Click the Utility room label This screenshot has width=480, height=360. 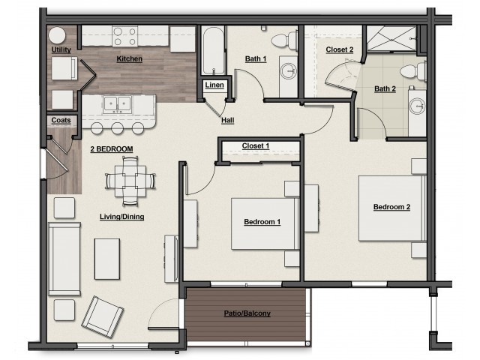[61, 49]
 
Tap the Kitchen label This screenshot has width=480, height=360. [130, 58]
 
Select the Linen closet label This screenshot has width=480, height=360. [214, 85]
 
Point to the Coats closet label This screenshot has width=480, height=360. [61, 120]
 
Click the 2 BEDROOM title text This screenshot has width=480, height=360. [112, 149]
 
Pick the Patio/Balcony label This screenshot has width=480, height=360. [247, 313]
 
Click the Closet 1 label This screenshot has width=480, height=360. [256, 146]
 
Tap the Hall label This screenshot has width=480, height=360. [228, 121]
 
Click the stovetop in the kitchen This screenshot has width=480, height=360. [125, 37]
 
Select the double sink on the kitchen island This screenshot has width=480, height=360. [118, 103]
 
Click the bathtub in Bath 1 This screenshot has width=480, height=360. [214, 50]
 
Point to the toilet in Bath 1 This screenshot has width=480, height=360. [284, 40]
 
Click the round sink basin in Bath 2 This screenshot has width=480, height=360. [418, 106]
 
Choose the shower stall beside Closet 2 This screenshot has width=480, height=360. [391, 38]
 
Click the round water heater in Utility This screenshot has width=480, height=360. [57, 35]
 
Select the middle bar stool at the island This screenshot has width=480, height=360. [118, 128]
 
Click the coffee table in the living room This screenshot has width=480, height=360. [107, 259]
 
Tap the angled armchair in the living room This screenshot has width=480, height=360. [103, 316]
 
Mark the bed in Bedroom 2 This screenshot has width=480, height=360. [392, 208]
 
